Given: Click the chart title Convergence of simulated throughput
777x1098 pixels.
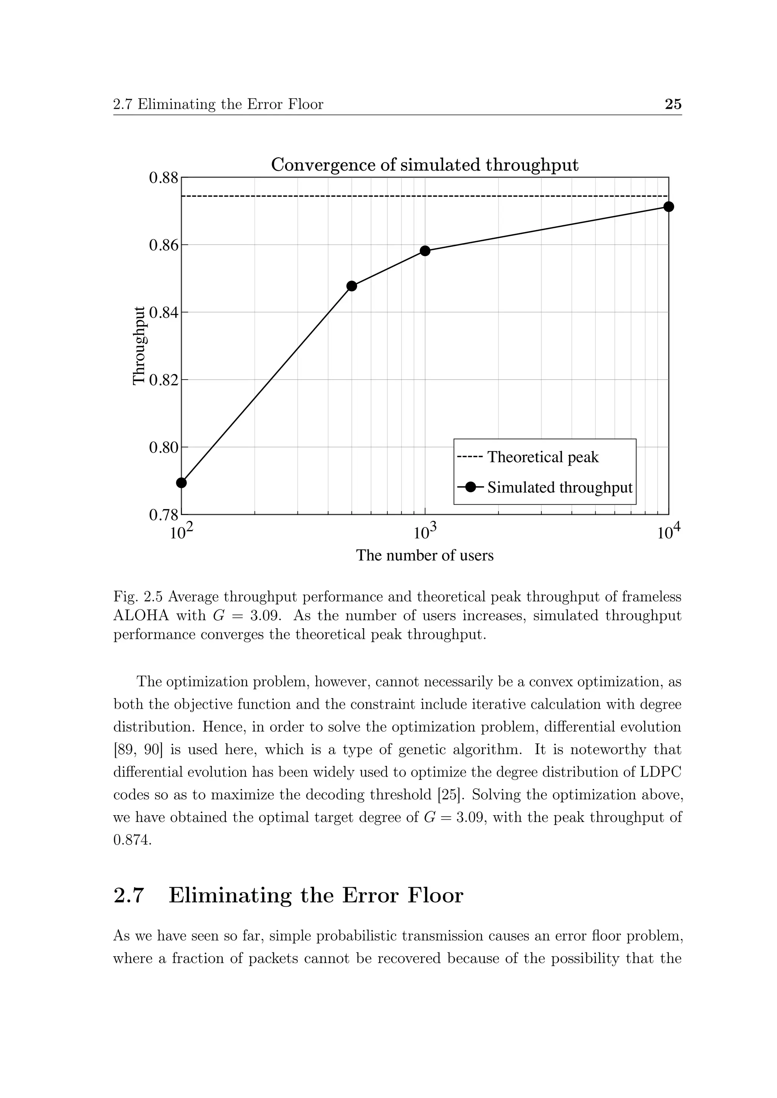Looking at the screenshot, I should tap(425, 165).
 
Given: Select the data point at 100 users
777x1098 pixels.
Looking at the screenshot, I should tap(181, 483).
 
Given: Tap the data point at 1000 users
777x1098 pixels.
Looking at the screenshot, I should tap(425, 251).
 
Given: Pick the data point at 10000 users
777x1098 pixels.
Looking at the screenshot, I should tap(668, 207).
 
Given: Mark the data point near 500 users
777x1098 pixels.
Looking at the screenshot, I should tap(352, 286).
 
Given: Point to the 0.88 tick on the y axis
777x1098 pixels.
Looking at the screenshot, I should tap(163, 178).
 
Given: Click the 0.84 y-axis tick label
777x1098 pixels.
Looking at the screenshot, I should tap(163, 313).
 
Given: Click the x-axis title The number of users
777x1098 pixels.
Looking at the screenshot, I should tap(425, 556).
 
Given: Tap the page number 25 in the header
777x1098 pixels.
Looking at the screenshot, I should tap(673, 104).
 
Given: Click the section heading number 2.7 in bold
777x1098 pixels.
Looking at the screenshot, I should tap(129, 895).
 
